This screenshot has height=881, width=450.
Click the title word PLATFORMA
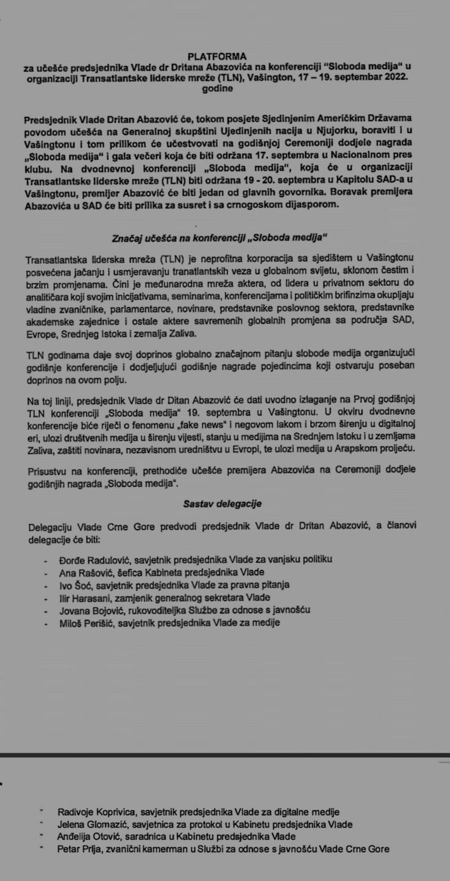point(217,56)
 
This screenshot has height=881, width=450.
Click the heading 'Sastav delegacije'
point(222,504)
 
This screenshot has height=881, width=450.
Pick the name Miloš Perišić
point(85,623)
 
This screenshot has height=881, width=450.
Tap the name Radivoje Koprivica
point(97,812)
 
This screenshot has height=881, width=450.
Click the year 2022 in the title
point(396,77)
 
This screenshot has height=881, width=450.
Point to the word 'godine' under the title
point(217,88)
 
